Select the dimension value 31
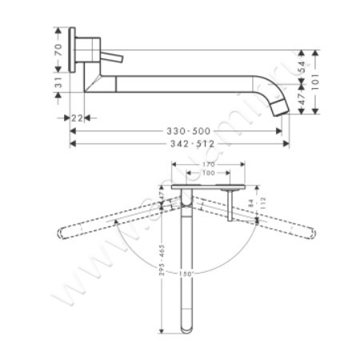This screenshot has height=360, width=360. click(x=58, y=83)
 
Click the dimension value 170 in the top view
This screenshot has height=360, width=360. click(x=210, y=166)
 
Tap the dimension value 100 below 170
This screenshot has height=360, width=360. click(x=208, y=174)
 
